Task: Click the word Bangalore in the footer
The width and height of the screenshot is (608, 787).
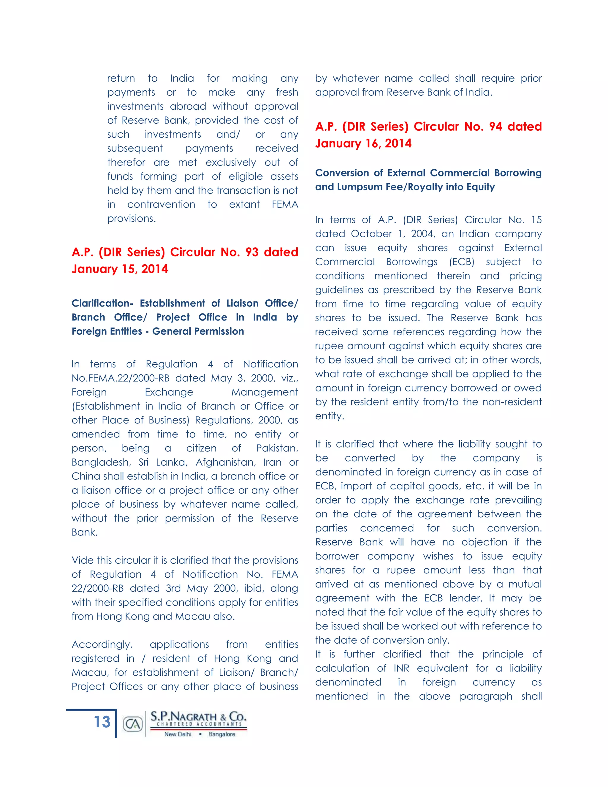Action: pyautogui.click(x=221, y=734)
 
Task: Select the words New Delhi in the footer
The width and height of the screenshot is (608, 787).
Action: pyautogui.click(x=178, y=734)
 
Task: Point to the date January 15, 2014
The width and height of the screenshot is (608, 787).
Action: pyautogui.click(x=120, y=269)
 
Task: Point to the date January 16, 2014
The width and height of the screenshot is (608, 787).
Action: pyautogui.click(x=363, y=143)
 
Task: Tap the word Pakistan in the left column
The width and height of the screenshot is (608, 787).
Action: pyautogui.click(x=277, y=448)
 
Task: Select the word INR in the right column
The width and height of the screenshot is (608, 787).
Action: pyautogui.click(x=401, y=669)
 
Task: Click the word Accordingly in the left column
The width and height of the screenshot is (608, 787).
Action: pyautogui.click(x=102, y=645)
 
